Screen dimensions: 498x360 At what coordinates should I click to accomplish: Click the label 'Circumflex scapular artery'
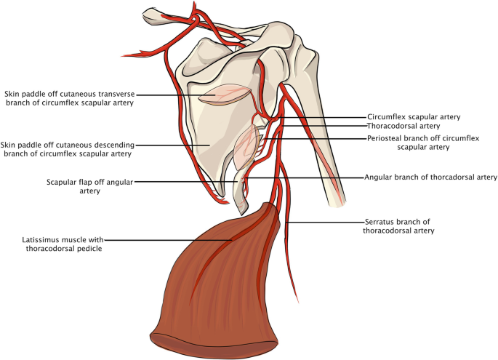(414, 116)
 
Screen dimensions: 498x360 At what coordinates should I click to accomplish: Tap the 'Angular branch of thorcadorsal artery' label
(430, 177)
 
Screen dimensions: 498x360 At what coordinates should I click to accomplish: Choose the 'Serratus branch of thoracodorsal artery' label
(398, 226)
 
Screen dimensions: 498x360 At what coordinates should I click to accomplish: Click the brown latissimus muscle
(218, 284)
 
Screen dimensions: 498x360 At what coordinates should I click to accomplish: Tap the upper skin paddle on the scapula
(225, 97)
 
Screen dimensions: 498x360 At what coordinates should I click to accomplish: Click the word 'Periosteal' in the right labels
(384, 137)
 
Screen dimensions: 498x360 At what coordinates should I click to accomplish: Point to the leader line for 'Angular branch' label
(305, 177)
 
